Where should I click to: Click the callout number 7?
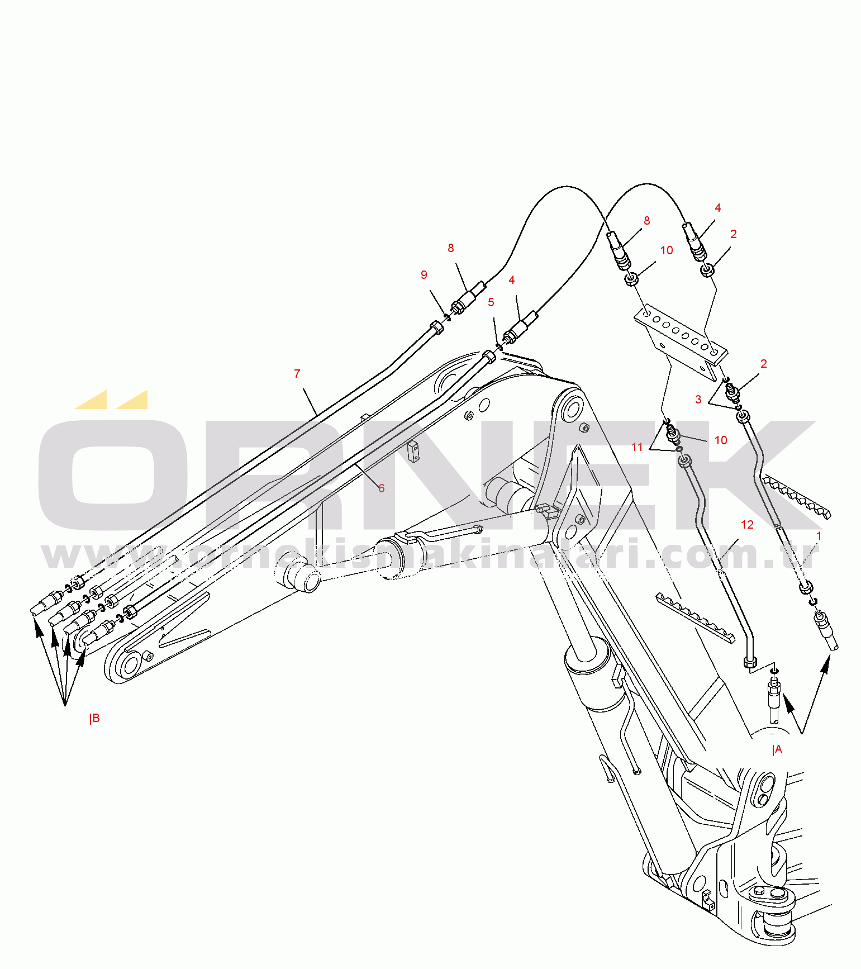[x=297, y=374]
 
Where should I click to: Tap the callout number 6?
[x=382, y=488]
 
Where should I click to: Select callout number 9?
[x=424, y=275]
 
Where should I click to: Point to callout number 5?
[x=491, y=302]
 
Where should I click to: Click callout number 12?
[x=747, y=525]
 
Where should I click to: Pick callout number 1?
[x=819, y=536]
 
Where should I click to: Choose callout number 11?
[x=638, y=447]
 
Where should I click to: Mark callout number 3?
[x=698, y=400]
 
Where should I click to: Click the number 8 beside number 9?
[x=451, y=248]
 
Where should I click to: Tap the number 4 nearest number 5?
[x=512, y=280]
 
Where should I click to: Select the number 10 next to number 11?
[x=721, y=440]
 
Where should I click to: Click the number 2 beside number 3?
[x=764, y=364]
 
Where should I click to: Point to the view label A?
[x=778, y=750]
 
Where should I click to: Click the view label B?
[x=95, y=718]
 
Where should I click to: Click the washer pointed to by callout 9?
[x=447, y=318]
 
